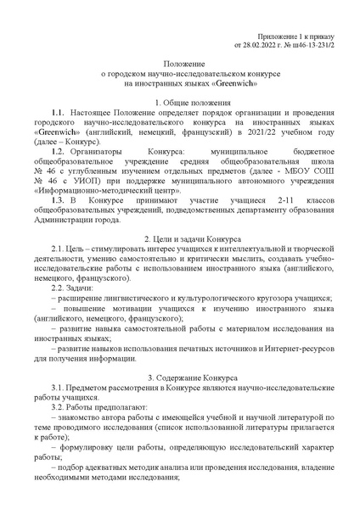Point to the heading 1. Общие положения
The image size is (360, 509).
tap(180, 102)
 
